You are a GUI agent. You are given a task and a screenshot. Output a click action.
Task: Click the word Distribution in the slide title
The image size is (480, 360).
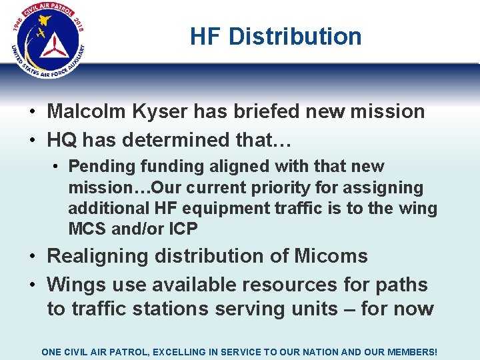[295, 36]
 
